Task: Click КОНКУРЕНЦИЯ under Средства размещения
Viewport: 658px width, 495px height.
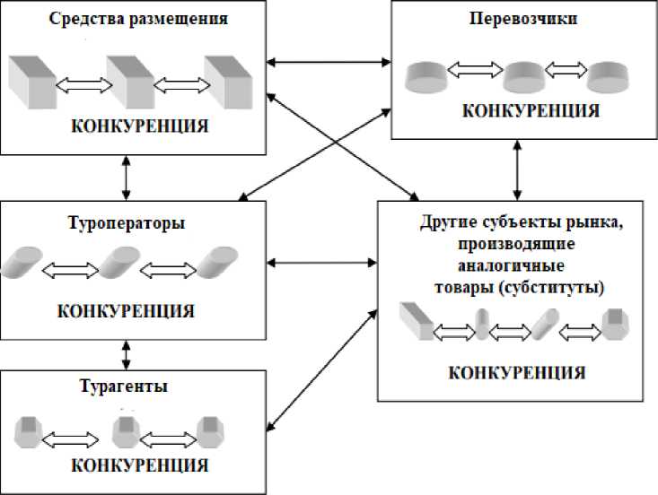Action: tap(139, 126)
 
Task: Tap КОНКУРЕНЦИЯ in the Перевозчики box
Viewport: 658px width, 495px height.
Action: tap(531, 110)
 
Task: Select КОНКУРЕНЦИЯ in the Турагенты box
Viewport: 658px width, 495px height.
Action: tap(139, 466)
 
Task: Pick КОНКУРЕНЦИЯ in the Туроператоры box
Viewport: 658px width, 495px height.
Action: tap(126, 311)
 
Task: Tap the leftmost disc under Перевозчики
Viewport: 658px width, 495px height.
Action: tap(427, 77)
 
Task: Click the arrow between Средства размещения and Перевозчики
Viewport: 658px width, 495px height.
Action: tap(330, 63)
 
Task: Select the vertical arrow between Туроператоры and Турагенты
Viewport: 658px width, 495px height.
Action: tap(127, 352)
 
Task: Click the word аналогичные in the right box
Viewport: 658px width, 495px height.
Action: tap(511, 266)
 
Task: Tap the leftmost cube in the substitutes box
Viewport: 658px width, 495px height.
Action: tap(416, 319)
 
